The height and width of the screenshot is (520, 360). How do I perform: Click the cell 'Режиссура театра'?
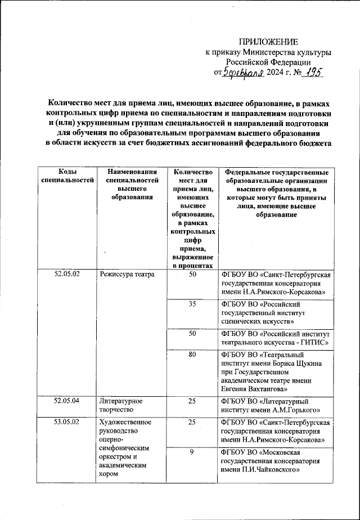click(x=127, y=275)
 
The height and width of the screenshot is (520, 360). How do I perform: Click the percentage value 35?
click(x=192, y=304)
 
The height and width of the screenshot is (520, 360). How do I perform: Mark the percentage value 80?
click(x=192, y=355)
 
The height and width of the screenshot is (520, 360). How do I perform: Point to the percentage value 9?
click(x=192, y=452)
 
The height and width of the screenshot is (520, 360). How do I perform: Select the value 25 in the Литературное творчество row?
click(x=192, y=401)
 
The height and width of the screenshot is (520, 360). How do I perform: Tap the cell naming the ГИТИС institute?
click(x=275, y=338)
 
